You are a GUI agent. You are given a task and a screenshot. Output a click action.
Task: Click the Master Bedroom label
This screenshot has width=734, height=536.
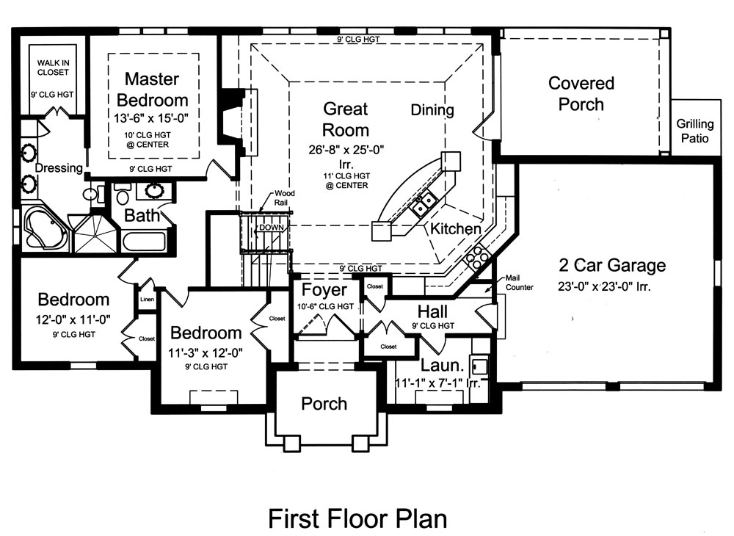point(156,89)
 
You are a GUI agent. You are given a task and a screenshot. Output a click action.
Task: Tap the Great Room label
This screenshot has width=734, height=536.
point(346,120)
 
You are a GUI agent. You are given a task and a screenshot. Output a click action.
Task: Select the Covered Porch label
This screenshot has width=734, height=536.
point(581,94)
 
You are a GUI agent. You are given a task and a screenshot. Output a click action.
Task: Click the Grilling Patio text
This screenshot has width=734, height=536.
point(694,131)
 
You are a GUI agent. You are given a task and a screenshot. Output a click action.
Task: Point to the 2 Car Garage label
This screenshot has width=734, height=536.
point(611,265)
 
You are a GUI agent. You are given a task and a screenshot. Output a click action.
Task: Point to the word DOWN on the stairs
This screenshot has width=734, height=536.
point(271,228)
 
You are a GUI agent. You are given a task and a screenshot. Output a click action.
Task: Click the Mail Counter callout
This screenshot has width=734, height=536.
point(519,283)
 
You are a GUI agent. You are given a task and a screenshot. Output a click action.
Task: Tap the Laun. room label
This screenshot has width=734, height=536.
point(443,365)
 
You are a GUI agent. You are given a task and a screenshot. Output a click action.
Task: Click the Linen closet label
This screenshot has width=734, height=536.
point(146,300)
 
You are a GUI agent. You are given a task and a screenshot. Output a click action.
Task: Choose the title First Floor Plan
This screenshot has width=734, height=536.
point(357,518)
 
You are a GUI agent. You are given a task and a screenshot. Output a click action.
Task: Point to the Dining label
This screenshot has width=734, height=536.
point(432,110)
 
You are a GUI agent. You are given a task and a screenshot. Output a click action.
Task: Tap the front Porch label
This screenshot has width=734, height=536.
point(324,403)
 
